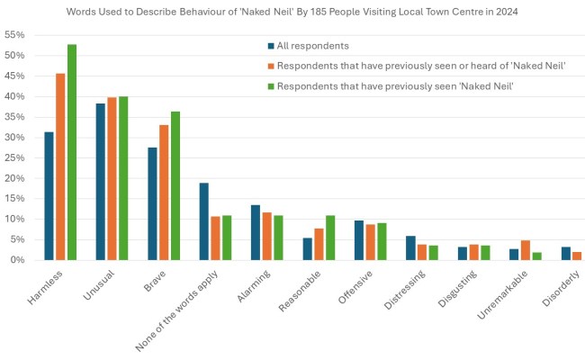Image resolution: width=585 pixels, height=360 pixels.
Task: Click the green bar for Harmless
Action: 72,152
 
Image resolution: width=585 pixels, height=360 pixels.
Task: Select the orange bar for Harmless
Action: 61,166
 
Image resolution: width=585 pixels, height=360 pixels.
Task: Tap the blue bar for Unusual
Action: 101,182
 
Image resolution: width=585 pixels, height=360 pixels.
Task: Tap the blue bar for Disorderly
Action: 566,254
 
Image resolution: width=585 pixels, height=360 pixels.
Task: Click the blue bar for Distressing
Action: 411,248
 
